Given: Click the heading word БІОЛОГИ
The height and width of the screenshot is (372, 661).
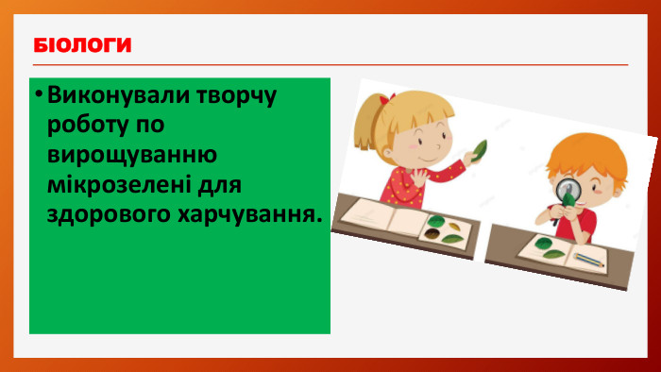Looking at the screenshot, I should (81, 45).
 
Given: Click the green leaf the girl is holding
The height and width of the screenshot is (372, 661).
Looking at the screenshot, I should (481, 149).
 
